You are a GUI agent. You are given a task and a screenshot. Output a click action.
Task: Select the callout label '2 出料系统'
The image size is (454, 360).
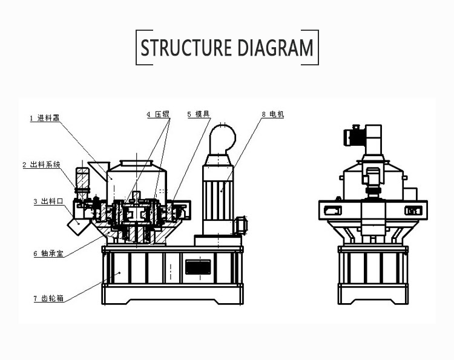41,165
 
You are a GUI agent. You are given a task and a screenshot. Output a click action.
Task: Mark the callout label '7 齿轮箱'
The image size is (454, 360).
50,298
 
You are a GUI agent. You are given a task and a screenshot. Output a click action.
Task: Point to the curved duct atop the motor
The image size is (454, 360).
223,139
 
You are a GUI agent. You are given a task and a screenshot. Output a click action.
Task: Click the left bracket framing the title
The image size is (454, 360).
137,47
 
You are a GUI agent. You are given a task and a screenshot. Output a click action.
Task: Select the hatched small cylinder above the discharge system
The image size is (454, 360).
81,179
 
